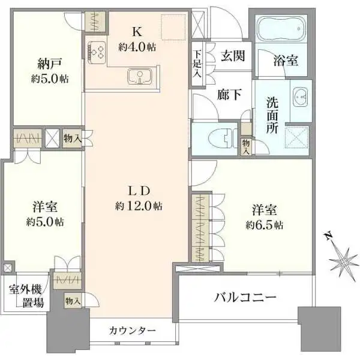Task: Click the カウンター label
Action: click(133, 331)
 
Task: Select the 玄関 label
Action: click(231, 55)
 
